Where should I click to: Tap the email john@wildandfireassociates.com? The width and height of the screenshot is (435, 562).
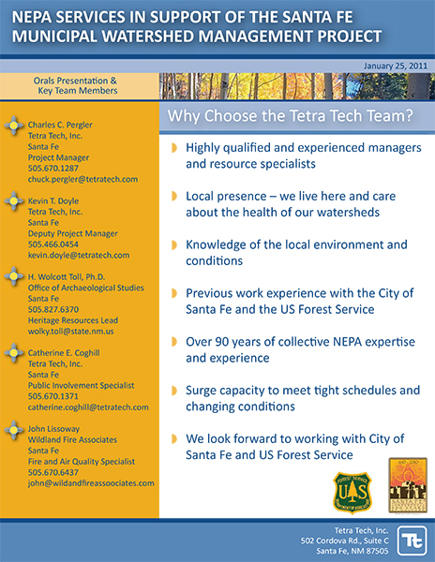click(91, 483)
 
